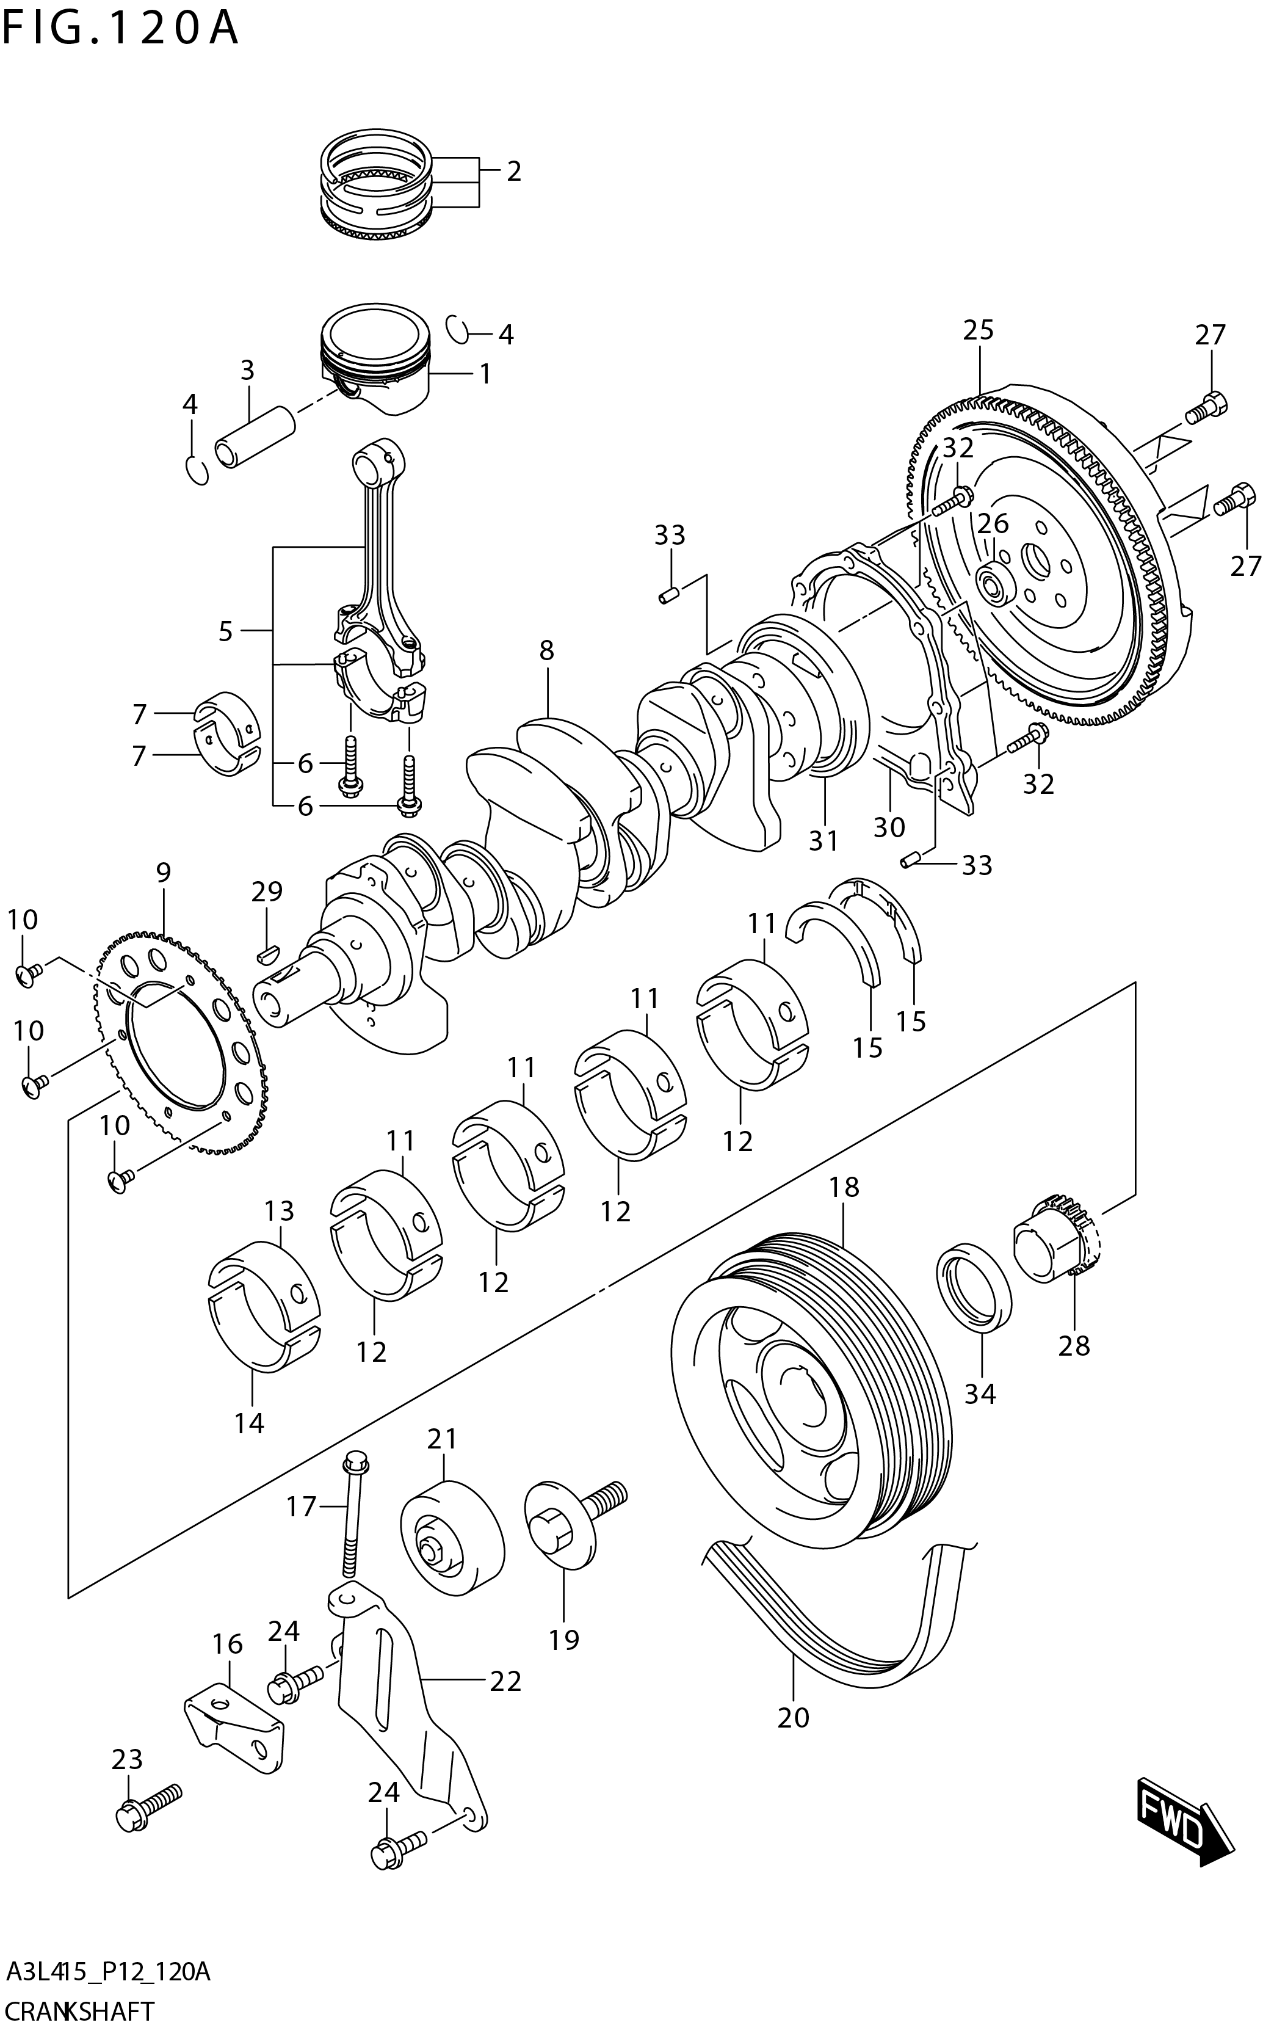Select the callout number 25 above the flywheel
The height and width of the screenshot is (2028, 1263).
pos(978,330)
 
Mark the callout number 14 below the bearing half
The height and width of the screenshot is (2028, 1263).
pos(249,1422)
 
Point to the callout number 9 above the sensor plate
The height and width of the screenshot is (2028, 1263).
pos(163,873)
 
